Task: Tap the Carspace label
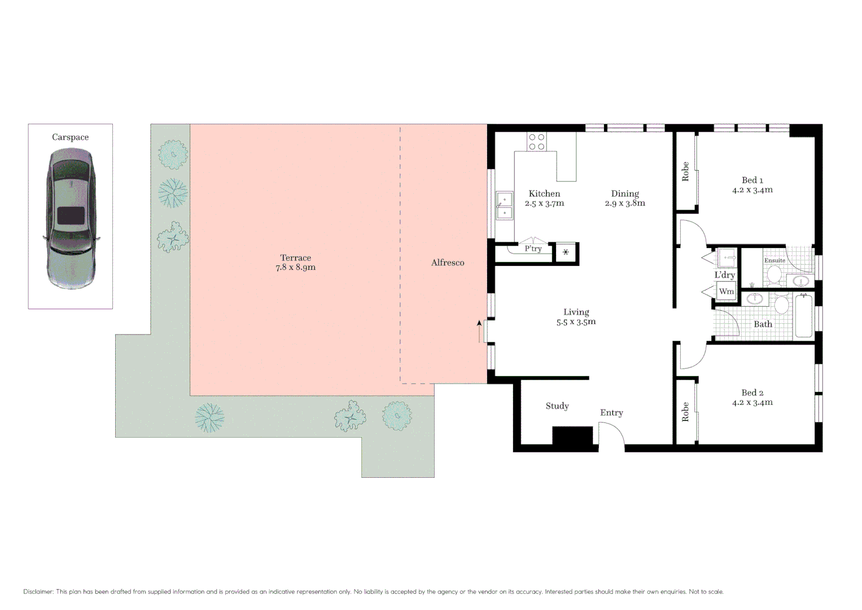click(x=70, y=137)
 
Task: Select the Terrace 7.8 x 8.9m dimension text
click(x=295, y=268)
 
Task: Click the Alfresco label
click(x=448, y=263)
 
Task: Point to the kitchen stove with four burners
click(x=537, y=142)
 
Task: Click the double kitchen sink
click(x=504, y=206)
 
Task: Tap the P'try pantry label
click(x=533, y=249)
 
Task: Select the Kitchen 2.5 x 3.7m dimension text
click(x=544, y=203)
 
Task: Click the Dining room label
click(x=625, y=193)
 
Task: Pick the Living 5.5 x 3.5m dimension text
click(x=576, y=322)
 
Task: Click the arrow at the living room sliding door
click(x=479, y=331)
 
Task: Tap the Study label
click(x=557, y=406)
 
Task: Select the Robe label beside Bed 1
click(x=685, y=172)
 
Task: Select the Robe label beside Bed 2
click(x=685, y=412)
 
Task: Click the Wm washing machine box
click(x=726, y=291)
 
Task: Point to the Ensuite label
click(x=775, y=260)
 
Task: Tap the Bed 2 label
click(x=752, y=393)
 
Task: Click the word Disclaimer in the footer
click(x=38, y=592)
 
